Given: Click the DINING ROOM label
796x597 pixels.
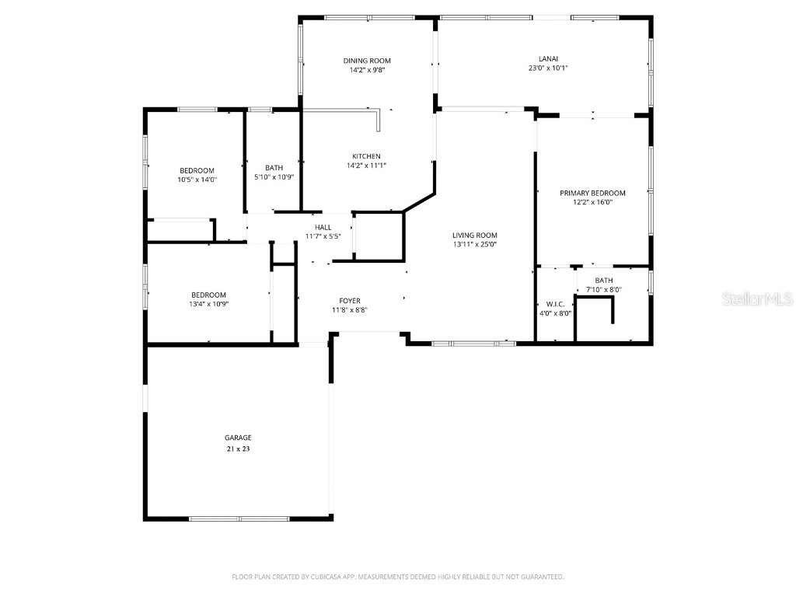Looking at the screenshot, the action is [x=367, y=61].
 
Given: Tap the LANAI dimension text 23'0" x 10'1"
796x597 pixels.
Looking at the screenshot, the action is [x=548, y=68].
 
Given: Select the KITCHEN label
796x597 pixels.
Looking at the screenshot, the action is [x=366, y=156].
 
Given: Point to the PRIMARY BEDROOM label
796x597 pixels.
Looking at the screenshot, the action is [x=592, y=193].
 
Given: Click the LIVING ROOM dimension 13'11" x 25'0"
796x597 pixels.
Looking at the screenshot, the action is [x=474, y=244].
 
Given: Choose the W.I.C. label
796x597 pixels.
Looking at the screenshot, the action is [x=555, y=304].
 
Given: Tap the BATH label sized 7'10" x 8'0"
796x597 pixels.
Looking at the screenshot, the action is [x=604, y=281].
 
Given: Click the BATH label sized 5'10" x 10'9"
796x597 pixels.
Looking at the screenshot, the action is [x=274, y=168].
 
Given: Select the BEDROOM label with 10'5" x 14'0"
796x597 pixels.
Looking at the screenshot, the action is [x=197, y=170].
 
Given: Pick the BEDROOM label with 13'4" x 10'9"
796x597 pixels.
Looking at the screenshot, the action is [x=208, y=295].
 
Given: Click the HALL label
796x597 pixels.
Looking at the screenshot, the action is [x=323, y=227].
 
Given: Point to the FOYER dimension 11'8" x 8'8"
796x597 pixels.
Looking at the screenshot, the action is [x=349, y=309].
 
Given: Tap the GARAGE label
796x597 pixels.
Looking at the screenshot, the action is [x=238, y=438].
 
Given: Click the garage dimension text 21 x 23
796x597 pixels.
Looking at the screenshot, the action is [x=238, y=449].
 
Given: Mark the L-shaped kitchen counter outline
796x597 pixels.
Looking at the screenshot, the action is [x=379, y=119].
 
